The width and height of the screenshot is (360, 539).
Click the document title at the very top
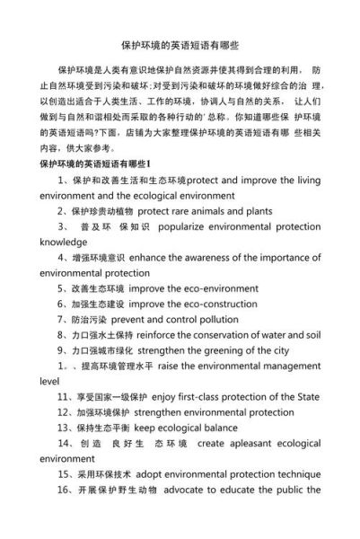[180, 43]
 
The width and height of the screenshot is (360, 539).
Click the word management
[288, 367]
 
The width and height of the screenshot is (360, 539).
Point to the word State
[303, 397]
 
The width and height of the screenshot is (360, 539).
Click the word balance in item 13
[218, 428]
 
